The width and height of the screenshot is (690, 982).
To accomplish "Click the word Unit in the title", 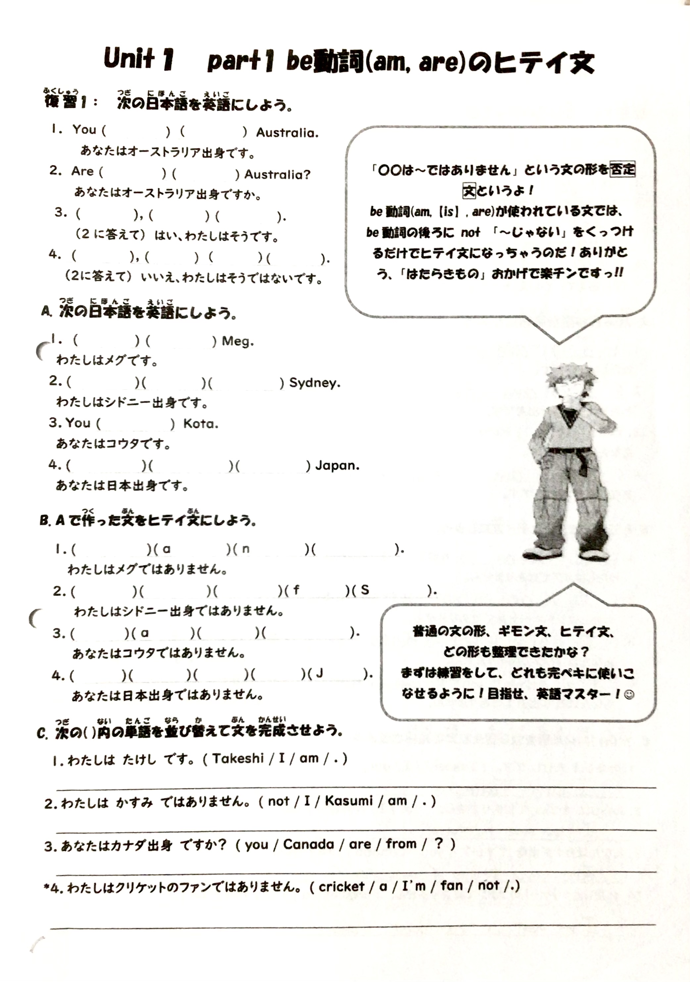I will click(x=129, y=59).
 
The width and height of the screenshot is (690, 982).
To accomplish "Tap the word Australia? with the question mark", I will click(x=277, y=174).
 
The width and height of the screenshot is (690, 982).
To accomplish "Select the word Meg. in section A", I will click(x=237, y=341).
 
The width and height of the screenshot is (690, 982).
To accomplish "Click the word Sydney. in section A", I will click(x=315, y=383).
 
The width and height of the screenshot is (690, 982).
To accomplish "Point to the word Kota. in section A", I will click(x=201, y=424).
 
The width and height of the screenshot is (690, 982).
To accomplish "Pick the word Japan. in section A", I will click(x=337, y=465).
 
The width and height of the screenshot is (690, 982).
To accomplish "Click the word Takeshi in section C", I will click(x=238, y=758).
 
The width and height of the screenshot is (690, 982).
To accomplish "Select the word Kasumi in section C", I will click(x=348, y=801).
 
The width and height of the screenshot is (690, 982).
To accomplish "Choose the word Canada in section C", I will click(x=308, y=844).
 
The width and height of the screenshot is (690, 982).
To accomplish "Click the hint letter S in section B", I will click(x=365, y=590).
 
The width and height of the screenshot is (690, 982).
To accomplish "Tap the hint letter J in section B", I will click(x=319, y=675).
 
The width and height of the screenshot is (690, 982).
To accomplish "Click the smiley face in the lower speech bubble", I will click(x=629, y=695).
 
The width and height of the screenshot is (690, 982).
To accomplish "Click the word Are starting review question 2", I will click(x=82, y=171).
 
